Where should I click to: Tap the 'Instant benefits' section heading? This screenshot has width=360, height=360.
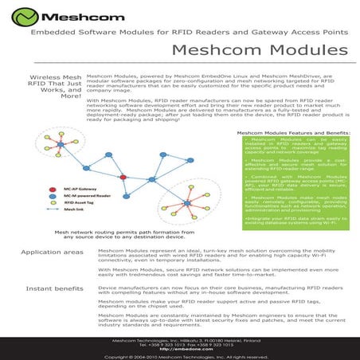[53, 287]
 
